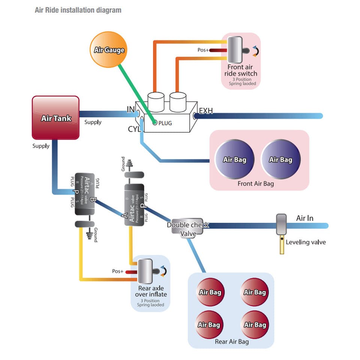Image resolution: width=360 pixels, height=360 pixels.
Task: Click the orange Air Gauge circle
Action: coord(109,49)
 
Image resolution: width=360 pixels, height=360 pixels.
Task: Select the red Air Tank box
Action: coord(56,118)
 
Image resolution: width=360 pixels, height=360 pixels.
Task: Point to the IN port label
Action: coord(131,109)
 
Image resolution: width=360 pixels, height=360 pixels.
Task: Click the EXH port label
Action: coord(206,111)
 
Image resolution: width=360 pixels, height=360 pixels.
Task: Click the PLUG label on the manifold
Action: coord(165,123)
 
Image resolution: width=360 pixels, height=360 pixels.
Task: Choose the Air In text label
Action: coord(304,218)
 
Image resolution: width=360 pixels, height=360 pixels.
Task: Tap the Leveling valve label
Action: coord(306,242)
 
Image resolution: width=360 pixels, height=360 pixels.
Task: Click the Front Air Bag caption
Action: coord(256,184)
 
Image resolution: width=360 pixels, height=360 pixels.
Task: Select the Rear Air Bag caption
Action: coord(231,342)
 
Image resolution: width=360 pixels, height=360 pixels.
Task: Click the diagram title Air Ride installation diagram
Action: coord(78,10)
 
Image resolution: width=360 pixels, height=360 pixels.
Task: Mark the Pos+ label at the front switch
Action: coord(203,50)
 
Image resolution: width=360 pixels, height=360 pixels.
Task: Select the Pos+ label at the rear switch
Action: coord(118,271)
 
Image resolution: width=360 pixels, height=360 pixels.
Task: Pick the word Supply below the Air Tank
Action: coord(41,146)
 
